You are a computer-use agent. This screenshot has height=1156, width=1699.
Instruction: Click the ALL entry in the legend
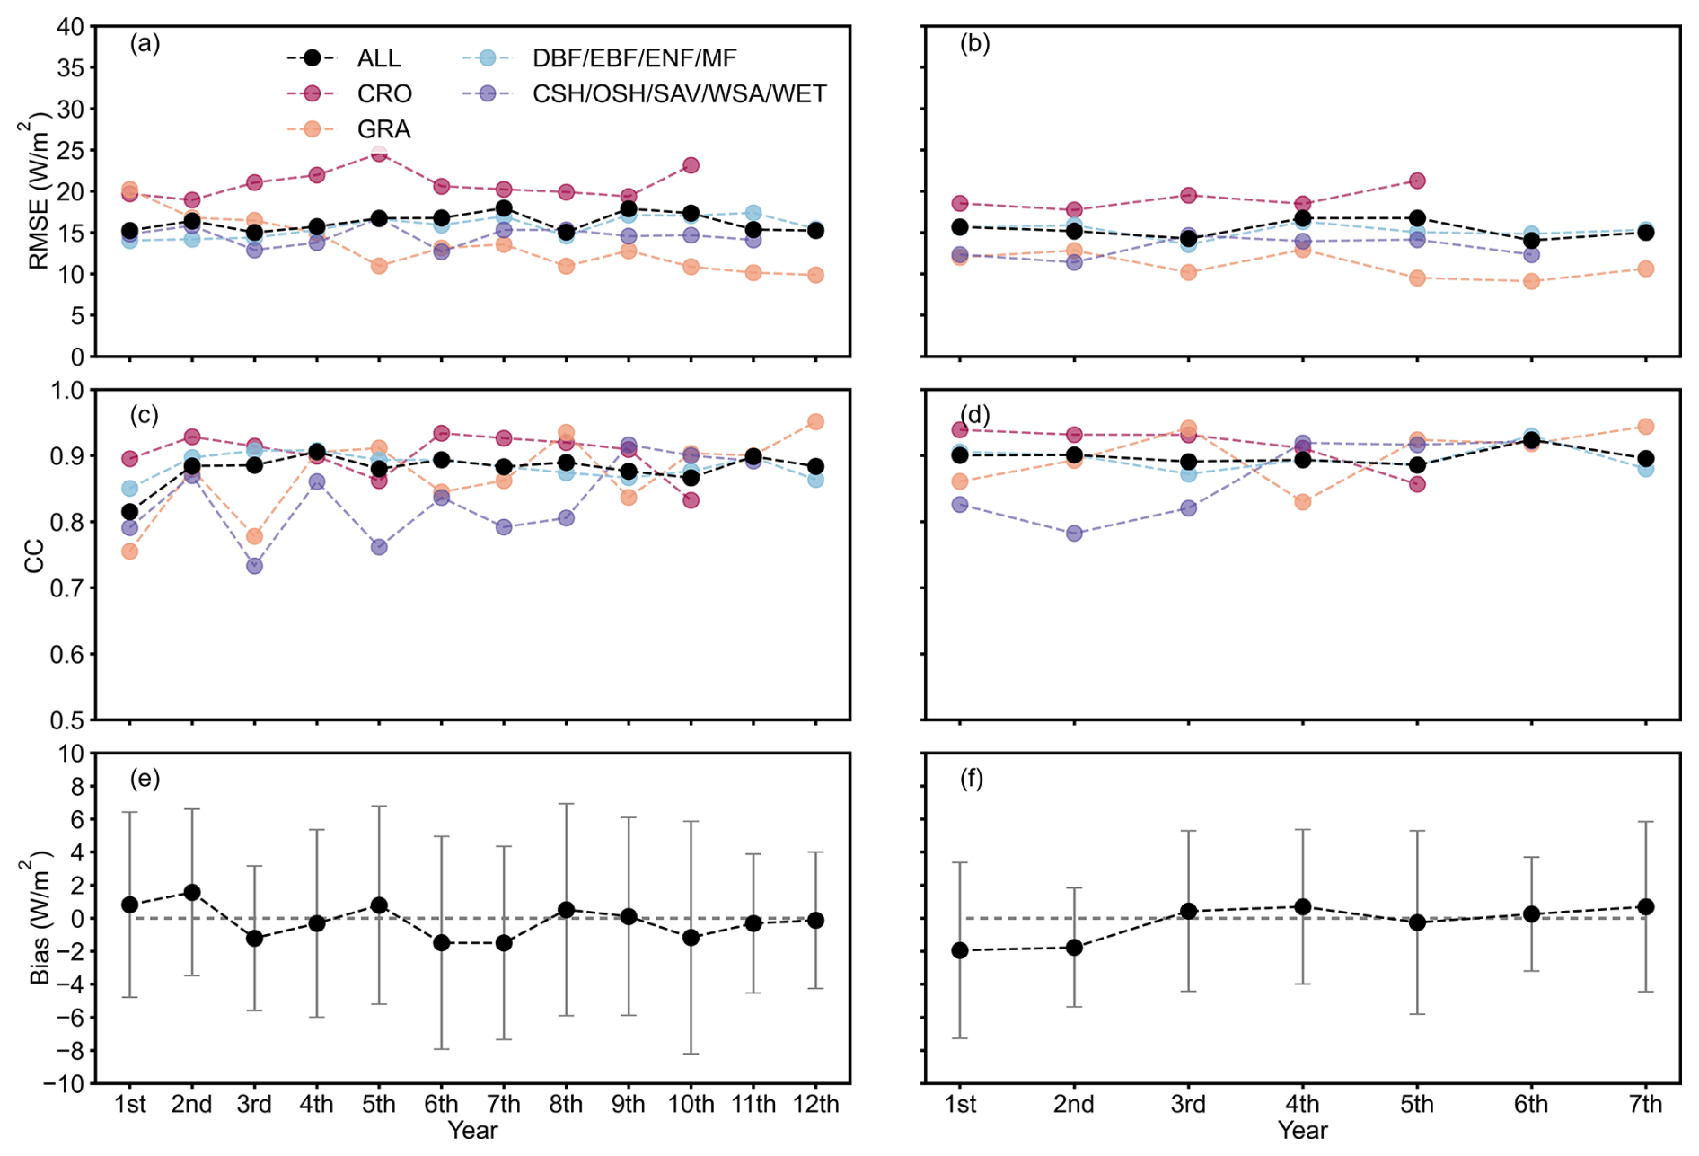(x=378, y=58)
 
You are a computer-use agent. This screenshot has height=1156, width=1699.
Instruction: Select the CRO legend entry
(x=383, y=94)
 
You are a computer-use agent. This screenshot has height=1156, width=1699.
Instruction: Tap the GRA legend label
(x=383, y=129)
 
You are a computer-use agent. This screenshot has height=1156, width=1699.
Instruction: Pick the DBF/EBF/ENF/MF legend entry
(x=634, y=58)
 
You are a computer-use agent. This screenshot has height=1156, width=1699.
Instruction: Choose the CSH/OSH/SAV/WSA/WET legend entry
(x=679, y=94)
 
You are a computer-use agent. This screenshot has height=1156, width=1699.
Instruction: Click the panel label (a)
(x=145, y=43)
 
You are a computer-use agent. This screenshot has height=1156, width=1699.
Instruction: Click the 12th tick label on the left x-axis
(x=815, y=1104)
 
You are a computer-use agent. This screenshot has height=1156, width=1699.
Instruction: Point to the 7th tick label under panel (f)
(x=1645, y=1104)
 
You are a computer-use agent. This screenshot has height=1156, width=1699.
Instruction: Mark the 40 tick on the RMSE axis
(x=71, y=27)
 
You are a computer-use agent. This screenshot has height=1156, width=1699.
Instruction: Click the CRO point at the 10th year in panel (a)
(x=691, y=165)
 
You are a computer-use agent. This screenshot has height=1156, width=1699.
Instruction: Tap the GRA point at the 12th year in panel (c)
(x=815, y=422)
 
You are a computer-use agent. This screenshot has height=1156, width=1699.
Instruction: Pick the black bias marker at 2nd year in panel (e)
(x=191, y=893)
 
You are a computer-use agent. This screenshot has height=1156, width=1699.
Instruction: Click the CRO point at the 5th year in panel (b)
(x=1417, y=181)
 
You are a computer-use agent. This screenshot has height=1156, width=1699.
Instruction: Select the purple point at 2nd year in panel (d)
(x=1074, y=534)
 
